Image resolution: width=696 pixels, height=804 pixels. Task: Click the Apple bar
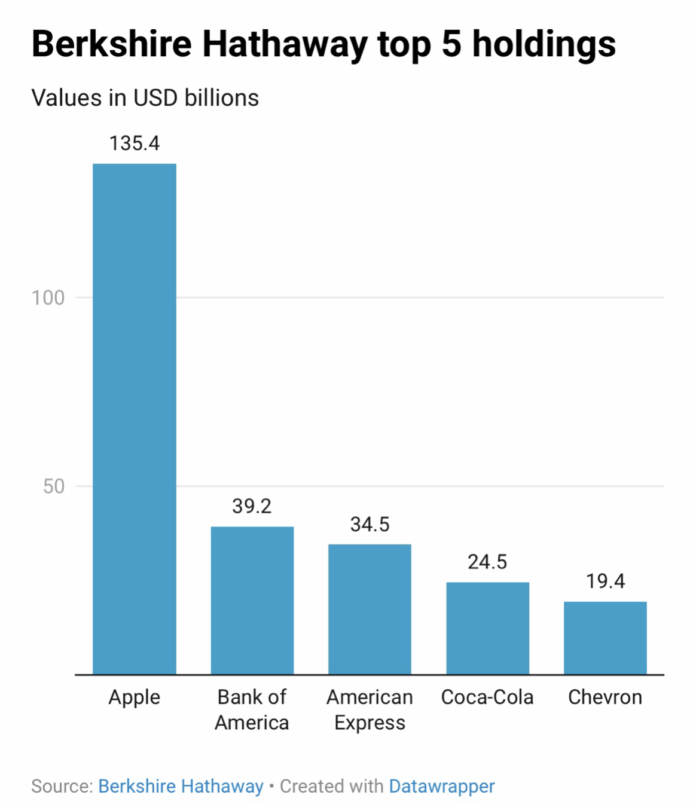pyautogui.click(x=135, y=419)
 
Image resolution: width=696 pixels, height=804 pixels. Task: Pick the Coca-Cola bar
pyautogui.click(x=487, y=628)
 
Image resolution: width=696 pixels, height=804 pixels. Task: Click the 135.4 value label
pyautogui.click(x=135, y=144)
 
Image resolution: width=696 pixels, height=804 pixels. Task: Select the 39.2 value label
pyautogui.click(x=252, y=507)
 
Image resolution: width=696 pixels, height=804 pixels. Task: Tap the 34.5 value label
pyautogui.click(x=370, y=525)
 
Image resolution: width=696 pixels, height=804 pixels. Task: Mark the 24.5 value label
pyautogui.click(x=487, y=562)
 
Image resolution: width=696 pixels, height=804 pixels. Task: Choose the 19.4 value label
pyautogui.click(x=605, y=581)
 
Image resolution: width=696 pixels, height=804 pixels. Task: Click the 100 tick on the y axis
pyautogui.click(x=48, y=297)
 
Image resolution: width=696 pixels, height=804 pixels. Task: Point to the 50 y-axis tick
pyautogui.click(x=54, y=486)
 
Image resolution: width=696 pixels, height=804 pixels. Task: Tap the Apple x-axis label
pyautogui.click(x=135, y=698)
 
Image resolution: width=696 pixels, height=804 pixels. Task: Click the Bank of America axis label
pyautogui.click(x=252, y=710)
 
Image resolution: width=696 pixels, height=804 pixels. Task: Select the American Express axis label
pyautogui.click(x=370, y=710)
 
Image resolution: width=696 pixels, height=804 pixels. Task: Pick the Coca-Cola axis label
pyautogui.click(x=487, y=698)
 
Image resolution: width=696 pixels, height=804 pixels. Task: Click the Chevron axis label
pyautogui.click(x=605, y=698)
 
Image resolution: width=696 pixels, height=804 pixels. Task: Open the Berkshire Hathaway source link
pyautogui.click(x=181, y=786)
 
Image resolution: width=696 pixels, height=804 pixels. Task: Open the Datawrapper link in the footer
pyautogui.click(x=442, y=786)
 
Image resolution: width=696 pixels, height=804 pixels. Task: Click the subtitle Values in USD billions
pyautogui.click(x=145, y=98)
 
